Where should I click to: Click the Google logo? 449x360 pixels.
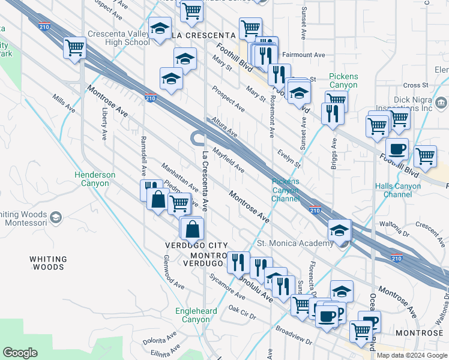click(21, 353)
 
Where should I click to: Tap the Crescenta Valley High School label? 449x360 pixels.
click(118, 38)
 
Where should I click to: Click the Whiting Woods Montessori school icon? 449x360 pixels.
click(56, 217)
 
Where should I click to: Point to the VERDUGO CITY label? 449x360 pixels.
click(196, 245)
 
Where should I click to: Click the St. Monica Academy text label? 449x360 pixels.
click(295, 243)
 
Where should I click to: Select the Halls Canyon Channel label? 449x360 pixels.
click(397, 190)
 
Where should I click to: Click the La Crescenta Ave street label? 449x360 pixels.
click(205, 181)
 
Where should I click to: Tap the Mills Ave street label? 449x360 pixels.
click(64, 103)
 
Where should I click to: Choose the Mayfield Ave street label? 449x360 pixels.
click(228, 160)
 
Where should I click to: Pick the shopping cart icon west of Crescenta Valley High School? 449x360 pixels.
click(76, 47)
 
